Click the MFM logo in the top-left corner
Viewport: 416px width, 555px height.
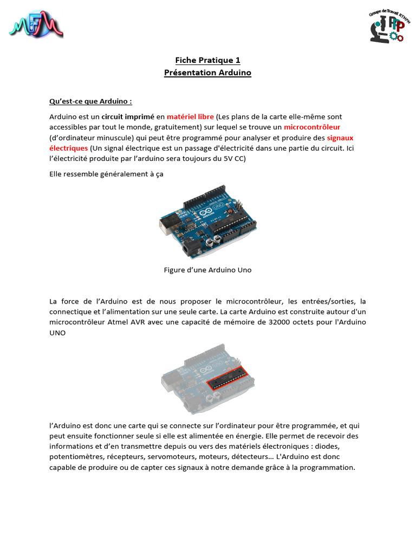pos(36,24)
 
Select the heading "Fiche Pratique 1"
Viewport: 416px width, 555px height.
pos(207,60)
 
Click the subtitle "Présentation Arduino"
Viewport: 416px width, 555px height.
pos(207,72)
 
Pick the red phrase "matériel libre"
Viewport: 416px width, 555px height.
pos(190,117)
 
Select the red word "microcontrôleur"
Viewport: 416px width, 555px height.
pos(312,127)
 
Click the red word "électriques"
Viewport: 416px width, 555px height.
pos(68,148)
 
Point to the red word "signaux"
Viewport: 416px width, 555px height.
pos(340,138)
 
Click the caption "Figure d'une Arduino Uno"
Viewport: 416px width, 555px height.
pos(207,269)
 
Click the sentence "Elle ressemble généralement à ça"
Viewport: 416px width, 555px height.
pos(106,174)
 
